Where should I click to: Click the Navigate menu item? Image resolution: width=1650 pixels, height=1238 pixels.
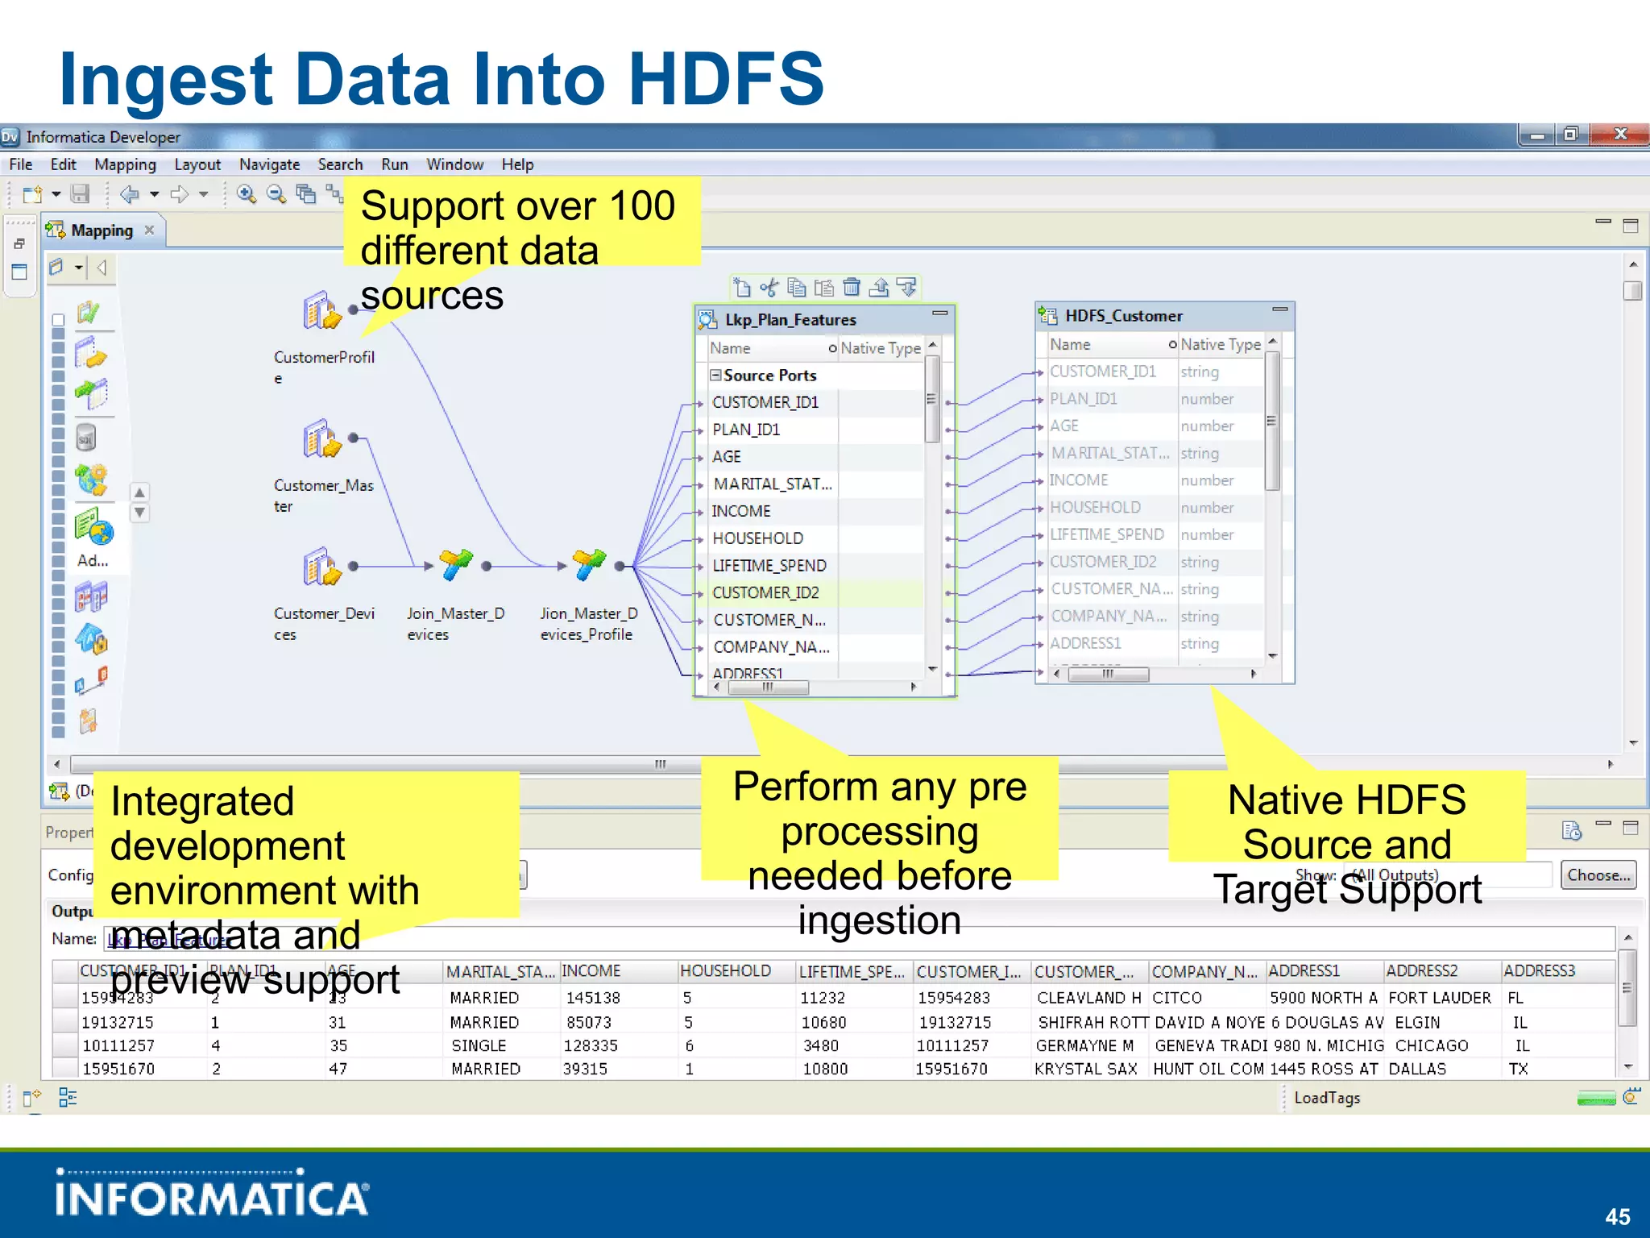(x=269, y=164)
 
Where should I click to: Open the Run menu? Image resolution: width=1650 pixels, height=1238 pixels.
(x=394, y=164)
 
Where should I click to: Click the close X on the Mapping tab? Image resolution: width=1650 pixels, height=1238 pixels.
(x=149, y=231)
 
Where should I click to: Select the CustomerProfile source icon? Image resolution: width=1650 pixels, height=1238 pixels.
(x=322, y=312)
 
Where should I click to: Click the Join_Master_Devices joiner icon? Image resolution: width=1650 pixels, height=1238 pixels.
(x=455, y=565)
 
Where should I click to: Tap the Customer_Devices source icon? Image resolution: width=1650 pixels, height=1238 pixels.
(x=322, y=567)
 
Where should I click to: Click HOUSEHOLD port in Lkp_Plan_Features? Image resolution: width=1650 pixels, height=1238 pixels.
(x=757, y=538)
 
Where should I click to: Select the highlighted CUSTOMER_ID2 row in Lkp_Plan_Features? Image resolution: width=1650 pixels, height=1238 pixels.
(x=765, y=593)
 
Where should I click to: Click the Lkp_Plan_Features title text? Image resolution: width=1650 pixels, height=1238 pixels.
(x=790, y=320)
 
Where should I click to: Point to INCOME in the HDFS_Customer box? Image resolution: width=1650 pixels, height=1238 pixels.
(x=1079, y=480)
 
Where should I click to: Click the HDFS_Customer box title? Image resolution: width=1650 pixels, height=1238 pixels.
(x=1123, y=316)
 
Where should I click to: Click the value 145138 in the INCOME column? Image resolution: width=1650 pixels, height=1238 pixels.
(x=593, y=998)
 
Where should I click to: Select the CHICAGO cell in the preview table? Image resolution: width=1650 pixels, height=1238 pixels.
(x=1432, y=1045)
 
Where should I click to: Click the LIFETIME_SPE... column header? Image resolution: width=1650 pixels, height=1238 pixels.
(x=852, y=972)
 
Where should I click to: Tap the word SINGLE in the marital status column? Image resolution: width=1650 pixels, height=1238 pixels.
(x=479, y=1045)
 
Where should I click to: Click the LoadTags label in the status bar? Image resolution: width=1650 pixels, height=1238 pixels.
(x=1326, y=1098)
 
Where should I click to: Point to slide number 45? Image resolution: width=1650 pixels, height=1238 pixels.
(x=1617, y=1216)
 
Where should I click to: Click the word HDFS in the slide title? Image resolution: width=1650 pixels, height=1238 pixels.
(x=725, y=79)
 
